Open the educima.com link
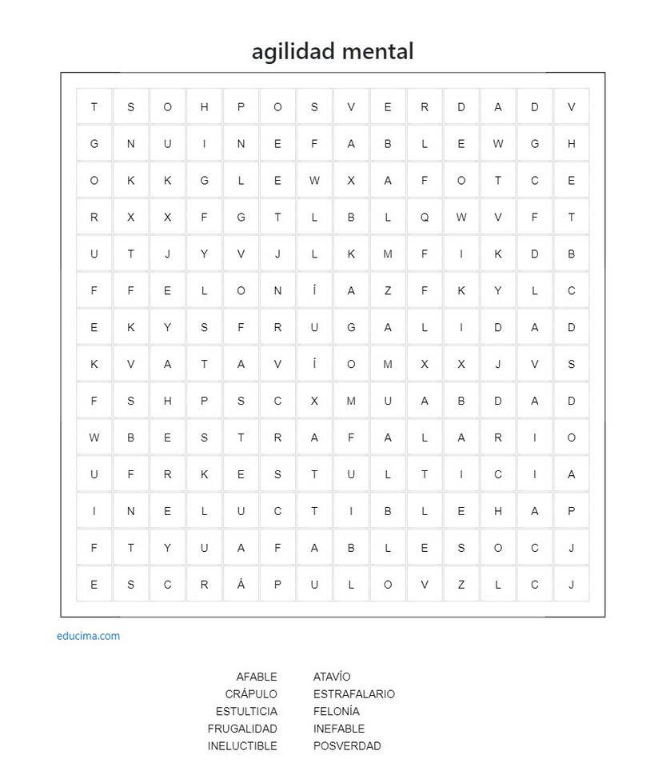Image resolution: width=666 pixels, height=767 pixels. point(88,636)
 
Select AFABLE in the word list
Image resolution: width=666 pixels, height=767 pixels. point(256,677)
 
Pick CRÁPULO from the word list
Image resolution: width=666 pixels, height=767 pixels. point(251,694)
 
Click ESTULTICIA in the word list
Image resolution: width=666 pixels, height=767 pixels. point(246,711)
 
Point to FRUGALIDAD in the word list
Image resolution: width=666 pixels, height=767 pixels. point(242,729)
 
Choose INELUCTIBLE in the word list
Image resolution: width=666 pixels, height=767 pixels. point(242,746)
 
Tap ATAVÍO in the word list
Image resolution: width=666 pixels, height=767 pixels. point(332,677)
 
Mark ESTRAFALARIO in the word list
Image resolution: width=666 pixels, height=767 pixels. point(354,694)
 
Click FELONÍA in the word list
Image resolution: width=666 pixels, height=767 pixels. point(337,711)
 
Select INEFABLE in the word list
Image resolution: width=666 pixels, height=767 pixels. point(339,729)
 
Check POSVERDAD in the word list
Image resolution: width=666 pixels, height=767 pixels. point(347,746)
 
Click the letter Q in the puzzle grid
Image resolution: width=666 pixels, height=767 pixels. point(425,217)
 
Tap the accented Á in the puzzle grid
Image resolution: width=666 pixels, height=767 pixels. point(241,584)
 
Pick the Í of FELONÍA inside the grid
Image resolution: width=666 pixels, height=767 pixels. point(314,290)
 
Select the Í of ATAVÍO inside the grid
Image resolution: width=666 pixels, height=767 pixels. point(314,364)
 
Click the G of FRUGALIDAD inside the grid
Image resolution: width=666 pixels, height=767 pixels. point(351,327)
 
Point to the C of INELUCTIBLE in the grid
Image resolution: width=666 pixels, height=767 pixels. point(277,511)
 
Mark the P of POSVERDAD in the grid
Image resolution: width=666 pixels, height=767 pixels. point(241,107)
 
